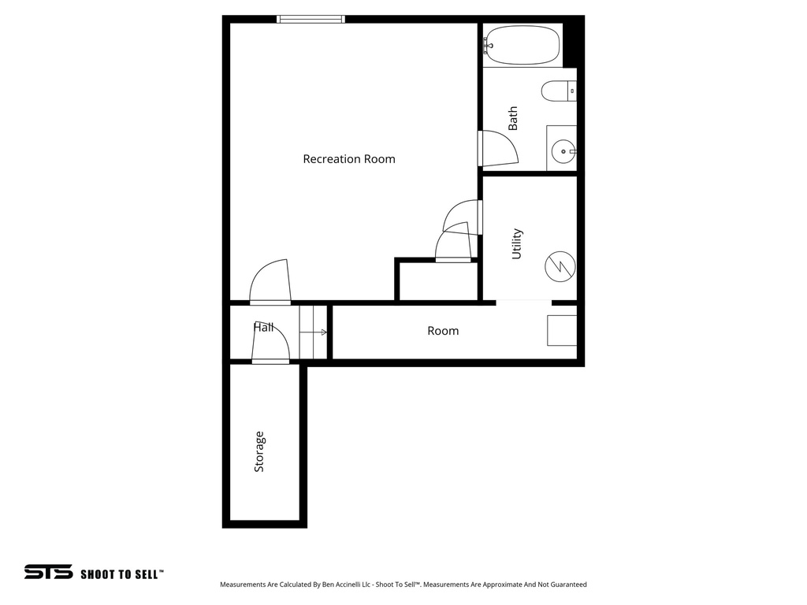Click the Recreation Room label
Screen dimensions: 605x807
point(349,159)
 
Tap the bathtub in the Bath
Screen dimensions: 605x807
point(523,46)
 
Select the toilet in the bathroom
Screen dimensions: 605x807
point(559,92)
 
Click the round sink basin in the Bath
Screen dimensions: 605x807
point(563,150)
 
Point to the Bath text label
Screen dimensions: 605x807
point(513,118)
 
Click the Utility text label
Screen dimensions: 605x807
point(517,243)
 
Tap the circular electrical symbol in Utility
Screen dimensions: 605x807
point(560,266)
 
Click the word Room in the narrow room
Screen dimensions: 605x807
point(443,331)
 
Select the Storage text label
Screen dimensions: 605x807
point(259,451)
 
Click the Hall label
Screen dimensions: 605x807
point(264,327)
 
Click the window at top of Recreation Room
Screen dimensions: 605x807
point(311,19)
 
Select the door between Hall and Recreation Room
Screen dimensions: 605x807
point(270,284)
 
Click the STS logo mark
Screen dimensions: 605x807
point(48,573)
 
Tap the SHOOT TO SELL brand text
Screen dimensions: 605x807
point(122,574)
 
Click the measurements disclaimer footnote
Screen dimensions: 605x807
point(403,585)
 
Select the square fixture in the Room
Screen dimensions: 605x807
point(562,330)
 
